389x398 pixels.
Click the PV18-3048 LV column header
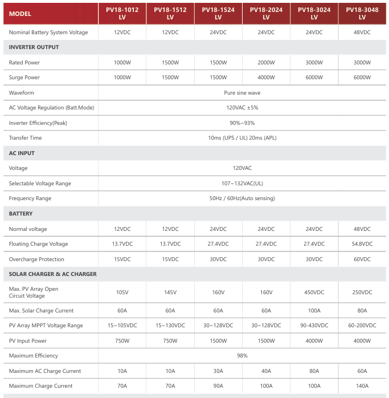point(362,13)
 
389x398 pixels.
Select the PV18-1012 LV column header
point(122,13)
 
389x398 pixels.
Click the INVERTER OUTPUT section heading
point(34,47)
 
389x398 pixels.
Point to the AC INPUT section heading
point(22,153)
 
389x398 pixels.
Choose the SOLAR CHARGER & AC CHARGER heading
point(53,274)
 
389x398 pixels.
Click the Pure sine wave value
point(242,92)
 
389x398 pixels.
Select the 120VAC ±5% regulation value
point(242,108)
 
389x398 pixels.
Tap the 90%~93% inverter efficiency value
point(242,123)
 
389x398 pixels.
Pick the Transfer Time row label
point(25,138)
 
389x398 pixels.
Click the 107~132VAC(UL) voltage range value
point(242,184)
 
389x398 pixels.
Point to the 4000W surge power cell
point(266,78)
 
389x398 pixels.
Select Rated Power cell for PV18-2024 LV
point(266,63)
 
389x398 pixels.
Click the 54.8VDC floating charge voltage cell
point(362,244)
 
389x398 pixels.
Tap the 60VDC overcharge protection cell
point(362,259)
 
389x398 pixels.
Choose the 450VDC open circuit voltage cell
point(314,293)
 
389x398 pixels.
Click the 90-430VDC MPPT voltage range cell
point(314,326)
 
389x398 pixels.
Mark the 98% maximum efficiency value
point(242,356)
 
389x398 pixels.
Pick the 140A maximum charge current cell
point(362,386)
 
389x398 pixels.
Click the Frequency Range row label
point(30,198)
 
